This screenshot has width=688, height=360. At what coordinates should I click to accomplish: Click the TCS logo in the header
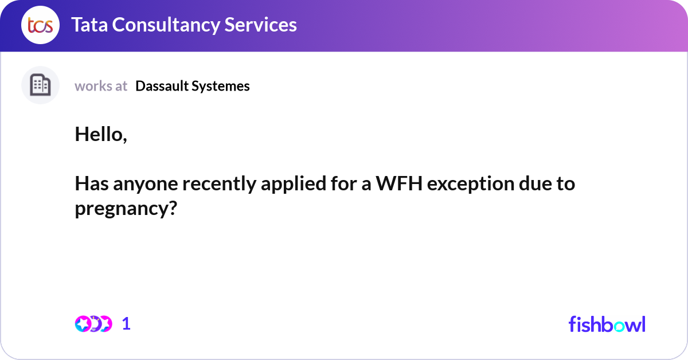pos(40,25)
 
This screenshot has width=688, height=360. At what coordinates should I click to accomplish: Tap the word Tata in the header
pos(91,25)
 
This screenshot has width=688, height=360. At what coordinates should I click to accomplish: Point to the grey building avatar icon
pos(40,85)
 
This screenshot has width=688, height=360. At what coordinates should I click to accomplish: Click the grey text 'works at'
pos(101,86)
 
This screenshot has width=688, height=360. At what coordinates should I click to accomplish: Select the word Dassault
pos(162,86)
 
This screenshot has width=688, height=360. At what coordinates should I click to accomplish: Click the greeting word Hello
pos(99,134)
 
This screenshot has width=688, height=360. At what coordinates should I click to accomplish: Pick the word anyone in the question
pos(137,184)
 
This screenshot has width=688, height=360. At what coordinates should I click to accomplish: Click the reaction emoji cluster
pos(93,324)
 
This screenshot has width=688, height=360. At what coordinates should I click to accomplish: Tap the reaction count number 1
pos(126,324)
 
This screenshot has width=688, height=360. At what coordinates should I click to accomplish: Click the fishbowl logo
pos(607,324)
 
